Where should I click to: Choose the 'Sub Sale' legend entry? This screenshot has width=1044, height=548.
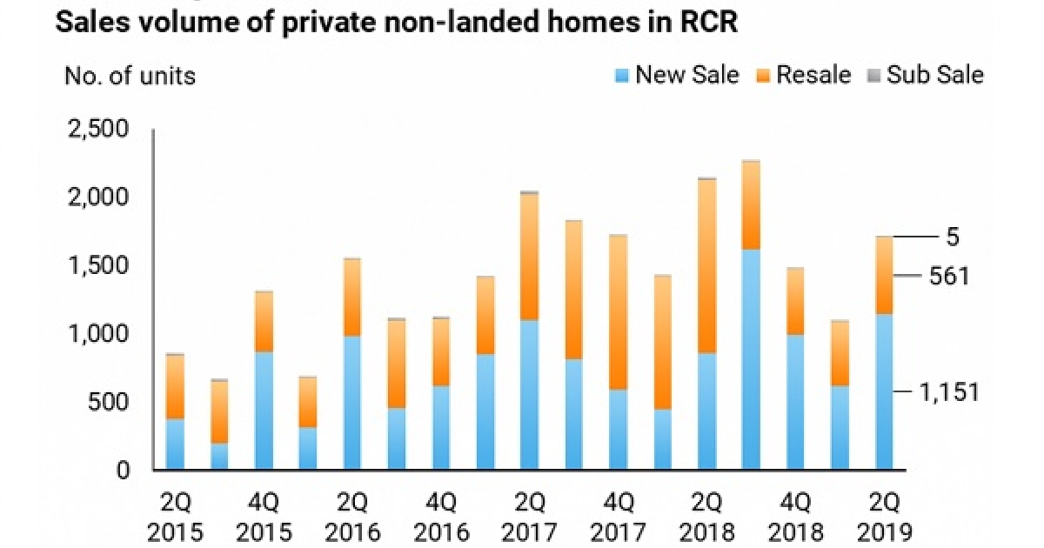coord(926,75)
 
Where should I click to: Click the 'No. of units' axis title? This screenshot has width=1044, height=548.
coord(130,76)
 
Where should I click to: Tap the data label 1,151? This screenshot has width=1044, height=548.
coord(949,392)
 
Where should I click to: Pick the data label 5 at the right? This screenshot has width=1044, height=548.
coord(953,237)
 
